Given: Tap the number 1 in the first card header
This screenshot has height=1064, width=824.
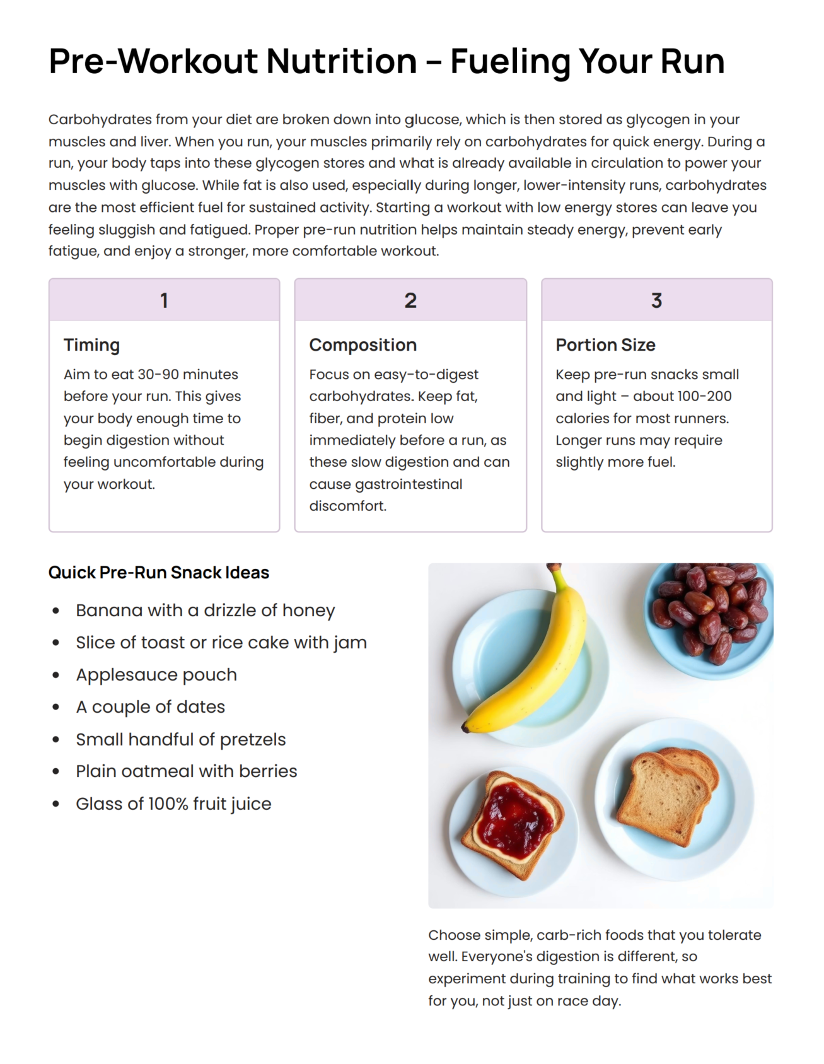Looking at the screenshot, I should click(164, 300).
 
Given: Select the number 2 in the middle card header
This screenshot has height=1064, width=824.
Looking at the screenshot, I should click(410, 300).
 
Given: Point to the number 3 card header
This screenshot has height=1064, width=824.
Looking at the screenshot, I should click(656, 300).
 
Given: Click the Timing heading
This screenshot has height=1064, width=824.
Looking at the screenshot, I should click(91, 345).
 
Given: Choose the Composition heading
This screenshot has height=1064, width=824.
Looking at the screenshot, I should click(363, 345).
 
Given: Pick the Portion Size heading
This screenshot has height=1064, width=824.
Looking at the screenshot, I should click(605, 345).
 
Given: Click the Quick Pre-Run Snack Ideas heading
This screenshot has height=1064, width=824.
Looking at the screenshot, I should click(159, 573).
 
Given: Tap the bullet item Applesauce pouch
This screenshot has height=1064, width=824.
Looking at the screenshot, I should click(156, 675).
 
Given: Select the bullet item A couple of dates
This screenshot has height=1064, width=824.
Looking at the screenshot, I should click(150, 707).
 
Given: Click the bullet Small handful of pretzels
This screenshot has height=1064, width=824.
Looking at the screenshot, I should click(180, 739).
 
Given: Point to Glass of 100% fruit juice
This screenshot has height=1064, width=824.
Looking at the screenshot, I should click(173, 804).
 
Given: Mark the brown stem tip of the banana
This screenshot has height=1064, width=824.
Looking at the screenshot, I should click(554, 568).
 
